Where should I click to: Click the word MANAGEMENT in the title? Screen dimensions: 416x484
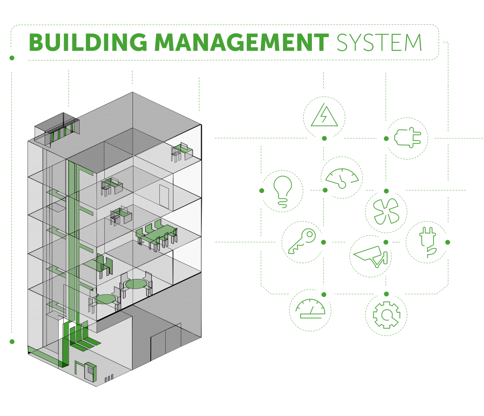(241, 42)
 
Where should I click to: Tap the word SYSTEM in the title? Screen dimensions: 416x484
(379, 42)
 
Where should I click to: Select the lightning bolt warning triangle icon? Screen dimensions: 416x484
(324, 117)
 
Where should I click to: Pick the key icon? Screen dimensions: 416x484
(302, 242)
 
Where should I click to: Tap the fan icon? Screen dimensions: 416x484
(386, 212)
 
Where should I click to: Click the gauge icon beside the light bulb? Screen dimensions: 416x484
(342, 178)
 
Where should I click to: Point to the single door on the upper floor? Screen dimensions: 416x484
(164, 197)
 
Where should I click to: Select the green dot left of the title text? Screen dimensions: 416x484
(12, 58)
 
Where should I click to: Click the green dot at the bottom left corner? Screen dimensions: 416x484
(12, 341)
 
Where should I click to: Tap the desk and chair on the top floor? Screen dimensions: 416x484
(182, 152)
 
